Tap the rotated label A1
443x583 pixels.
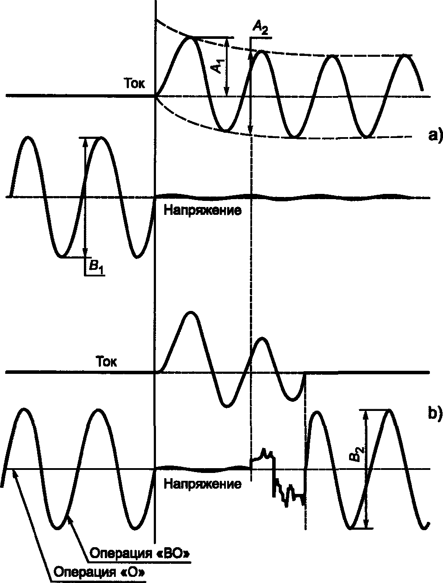click(x=215, y=66)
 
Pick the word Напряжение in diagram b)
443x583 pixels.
click(x=202, y=483)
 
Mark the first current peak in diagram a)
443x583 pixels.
click(x=190, y=38)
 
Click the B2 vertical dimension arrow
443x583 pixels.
click(x=366, y=469)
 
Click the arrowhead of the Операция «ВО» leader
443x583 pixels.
click(x=70, y=515)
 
